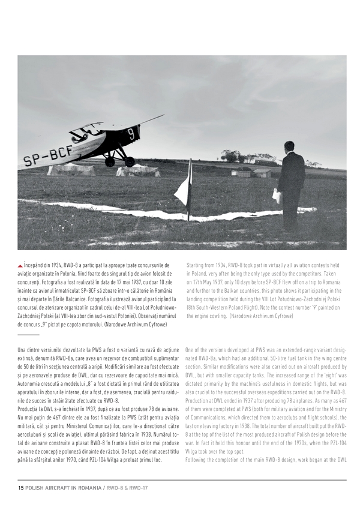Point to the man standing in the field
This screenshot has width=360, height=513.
point(291,183)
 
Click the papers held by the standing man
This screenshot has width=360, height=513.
point(277,196)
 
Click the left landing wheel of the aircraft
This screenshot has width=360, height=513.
point(110,161)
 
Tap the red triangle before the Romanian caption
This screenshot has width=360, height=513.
point(20,265)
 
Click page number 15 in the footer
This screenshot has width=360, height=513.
point(21,487)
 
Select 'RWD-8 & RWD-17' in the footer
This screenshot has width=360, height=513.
point(128,487)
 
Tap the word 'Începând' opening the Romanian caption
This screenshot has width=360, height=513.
point(35,265)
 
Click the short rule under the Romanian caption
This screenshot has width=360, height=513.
point(28,334)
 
